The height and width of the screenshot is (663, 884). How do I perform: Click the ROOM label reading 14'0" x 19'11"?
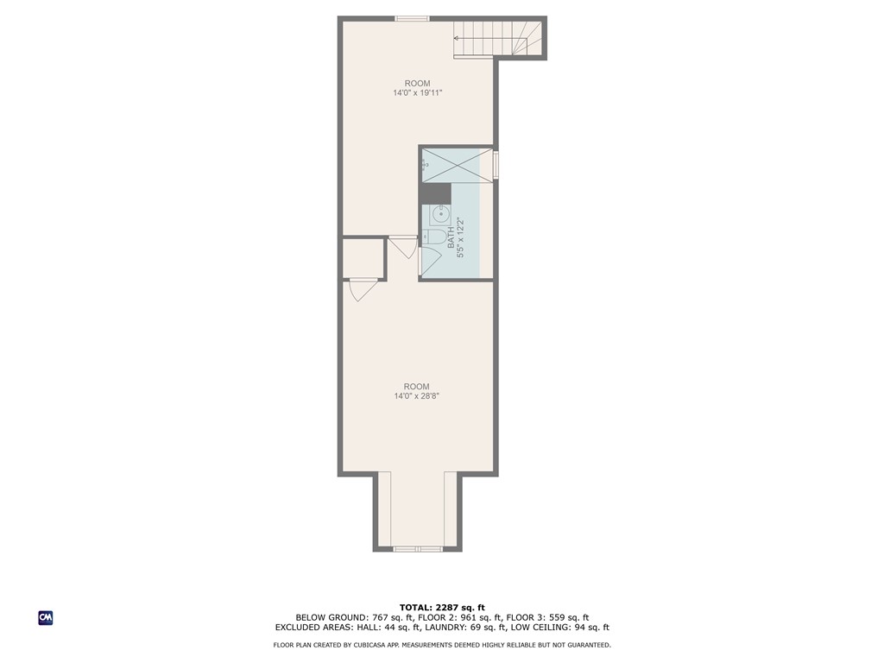(417, 89)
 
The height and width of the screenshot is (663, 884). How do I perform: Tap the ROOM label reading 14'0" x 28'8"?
(417, 391)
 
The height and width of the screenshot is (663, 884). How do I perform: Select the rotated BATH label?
(456, 237)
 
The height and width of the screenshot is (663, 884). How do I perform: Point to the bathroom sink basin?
(440, 214)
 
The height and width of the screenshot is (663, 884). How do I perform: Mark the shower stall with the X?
(458, 165)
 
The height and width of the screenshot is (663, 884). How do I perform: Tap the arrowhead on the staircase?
(456, 38)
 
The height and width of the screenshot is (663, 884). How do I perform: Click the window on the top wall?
(412, 19)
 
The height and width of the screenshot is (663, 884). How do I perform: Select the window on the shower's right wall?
(496, 165)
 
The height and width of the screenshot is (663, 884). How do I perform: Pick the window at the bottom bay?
(417, 548)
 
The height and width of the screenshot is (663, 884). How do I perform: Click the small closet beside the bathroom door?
(363, 258)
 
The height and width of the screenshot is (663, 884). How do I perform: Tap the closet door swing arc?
(363, 292)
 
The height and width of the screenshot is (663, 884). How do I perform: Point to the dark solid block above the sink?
(435, 193)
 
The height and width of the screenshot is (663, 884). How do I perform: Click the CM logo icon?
(46, 618)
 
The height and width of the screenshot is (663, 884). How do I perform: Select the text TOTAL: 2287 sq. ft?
(442, 607)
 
